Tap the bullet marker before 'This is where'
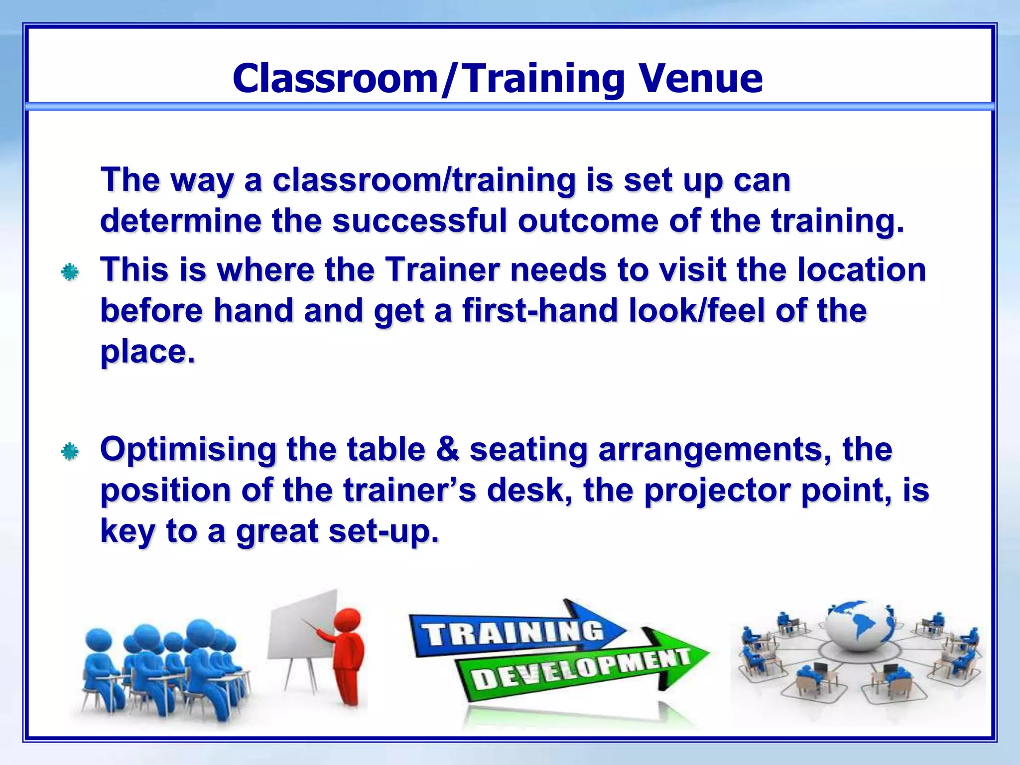[70, 272]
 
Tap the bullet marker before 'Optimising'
[70, 451]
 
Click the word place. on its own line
[147, 352]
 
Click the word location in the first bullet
[861, 270]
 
